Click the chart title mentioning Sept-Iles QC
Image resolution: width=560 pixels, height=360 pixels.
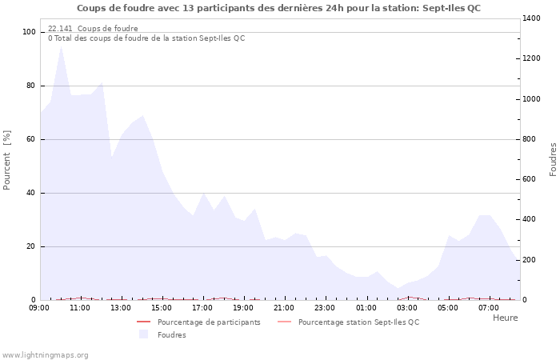coord(279,8)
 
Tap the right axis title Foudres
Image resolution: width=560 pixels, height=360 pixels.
coord(553,159)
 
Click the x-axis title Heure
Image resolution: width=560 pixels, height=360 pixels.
coord(505,318)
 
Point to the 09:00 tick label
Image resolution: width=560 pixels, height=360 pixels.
coord(39,307)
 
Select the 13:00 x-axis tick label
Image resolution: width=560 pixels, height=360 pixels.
coord(121,307)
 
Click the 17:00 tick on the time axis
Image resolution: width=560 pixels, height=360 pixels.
coord(202,307)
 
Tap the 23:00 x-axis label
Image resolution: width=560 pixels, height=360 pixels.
coord(325,307)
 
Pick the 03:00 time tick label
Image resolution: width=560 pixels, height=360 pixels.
coord(407,307)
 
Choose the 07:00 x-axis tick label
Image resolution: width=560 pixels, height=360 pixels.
coord(489,307)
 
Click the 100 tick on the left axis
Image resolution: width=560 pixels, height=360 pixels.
coord(30,32)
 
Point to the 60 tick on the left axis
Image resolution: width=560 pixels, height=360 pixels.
coord(32,139)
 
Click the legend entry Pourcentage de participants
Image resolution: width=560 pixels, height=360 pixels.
coord(209,322)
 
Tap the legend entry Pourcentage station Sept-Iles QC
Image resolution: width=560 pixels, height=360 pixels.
coord(358,322)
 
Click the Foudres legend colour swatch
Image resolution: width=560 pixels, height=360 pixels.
coord(144,334)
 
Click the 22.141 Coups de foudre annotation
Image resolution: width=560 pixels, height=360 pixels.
coord(93,29)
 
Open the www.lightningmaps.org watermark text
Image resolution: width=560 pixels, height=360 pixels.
coord(46,354)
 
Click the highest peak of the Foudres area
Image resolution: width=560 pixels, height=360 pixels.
coord(61,46)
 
